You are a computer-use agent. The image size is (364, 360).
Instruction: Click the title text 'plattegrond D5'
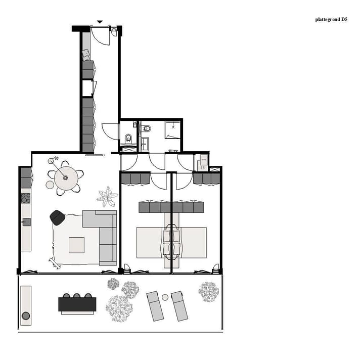click(x=331, y=20)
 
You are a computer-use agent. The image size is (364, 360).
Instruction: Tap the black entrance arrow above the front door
click(x=100, y=22)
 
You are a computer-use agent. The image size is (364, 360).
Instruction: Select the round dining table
click(x=65, y=177)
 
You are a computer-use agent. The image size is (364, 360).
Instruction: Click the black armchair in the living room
click(x=57, y=217)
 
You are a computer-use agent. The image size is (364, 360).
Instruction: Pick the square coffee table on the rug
click(x=77, y=245)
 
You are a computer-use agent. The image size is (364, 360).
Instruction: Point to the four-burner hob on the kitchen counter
click(x=25, y=198)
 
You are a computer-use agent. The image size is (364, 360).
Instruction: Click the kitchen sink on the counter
click(x=26, y=221)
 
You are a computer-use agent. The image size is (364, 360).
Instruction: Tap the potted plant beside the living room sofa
click(x=107, y=197)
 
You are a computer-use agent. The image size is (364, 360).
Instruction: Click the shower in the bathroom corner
click(x=173, y=130)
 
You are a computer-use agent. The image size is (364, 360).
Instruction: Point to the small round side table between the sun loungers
click(x=165, y=297)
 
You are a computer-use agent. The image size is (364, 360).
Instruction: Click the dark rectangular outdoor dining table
click(x=77, y=304)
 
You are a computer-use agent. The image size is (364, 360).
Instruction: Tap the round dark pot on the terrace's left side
click(x=26, y=316)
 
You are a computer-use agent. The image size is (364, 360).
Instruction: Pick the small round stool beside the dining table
click(x=50, y=185)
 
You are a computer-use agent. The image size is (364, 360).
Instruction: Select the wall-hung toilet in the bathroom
click(x=145, y=128)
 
